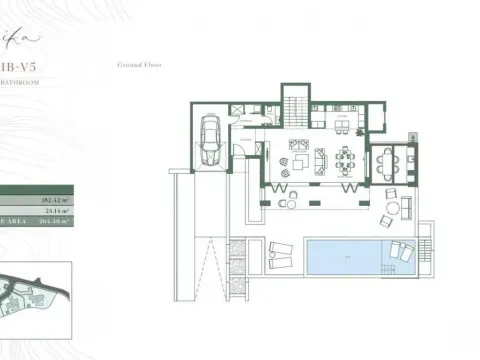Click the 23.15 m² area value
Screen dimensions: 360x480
[58, 211]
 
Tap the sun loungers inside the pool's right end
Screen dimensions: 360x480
[398, 250]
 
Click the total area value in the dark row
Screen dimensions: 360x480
[56, 222]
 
